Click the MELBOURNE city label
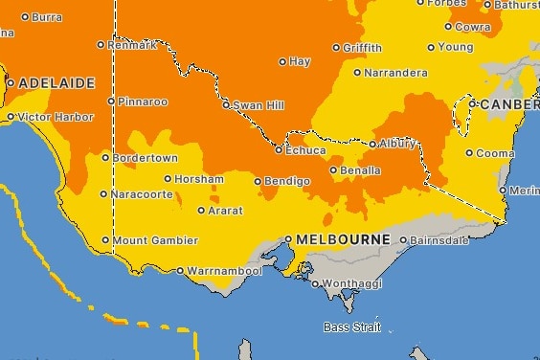[x=344, y=238]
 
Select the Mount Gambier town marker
[x=105, y=239]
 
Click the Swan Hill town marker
[x=226, y=104]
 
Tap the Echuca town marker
[x=280, y=150]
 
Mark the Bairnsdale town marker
[x=403, y=240]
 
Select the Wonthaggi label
[x=350, y=284]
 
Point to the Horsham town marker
[x=168, y=178]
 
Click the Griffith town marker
[x=336, y=48]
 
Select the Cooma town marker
[x=469, y=152]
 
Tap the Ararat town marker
[x=201, y=211]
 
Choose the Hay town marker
[x=282, y=62]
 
